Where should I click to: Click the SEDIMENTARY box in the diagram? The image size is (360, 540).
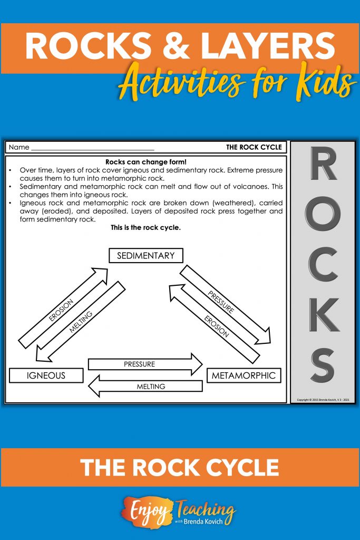tap(145, 256)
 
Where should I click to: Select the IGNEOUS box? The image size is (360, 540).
tap(46, 375)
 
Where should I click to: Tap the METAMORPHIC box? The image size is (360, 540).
tap(243, 375)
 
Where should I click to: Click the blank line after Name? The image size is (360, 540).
tap(92, 148)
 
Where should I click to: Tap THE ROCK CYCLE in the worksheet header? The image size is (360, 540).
tap(254, 147)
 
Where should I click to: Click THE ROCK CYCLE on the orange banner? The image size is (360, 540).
tap(180, 468)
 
